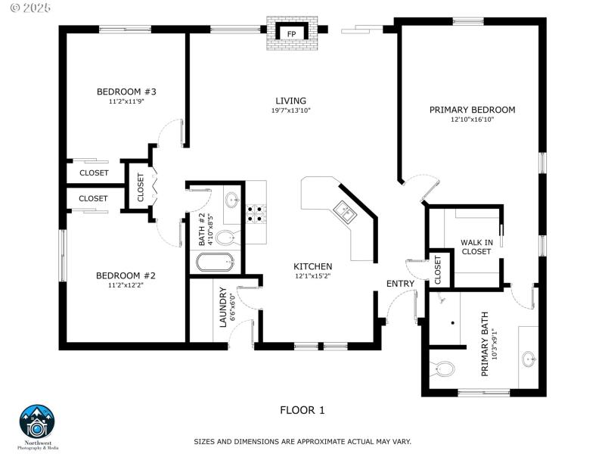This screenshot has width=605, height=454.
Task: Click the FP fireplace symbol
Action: click(x=290, y=33)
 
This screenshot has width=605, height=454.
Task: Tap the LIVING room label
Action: click(x=290, y=101)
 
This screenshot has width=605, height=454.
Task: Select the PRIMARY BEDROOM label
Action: click(x=472, y=110)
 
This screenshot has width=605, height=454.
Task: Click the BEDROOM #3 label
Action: click(x=126, y=92)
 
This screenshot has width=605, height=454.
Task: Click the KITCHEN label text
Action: click(x=313, y=266)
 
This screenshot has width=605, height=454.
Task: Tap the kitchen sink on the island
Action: click(x=345, y=213)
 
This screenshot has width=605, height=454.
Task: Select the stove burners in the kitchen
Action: click(x=256, y=213)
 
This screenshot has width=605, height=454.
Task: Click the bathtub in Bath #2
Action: click(x=216, y=263)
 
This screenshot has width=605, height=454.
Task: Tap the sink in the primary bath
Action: click(x=529, y=358)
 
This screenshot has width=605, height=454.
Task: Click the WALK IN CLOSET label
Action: click(x=476, y=247)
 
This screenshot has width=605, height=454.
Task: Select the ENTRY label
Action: click(x=400, y=284)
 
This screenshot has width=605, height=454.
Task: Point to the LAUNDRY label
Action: click(x=223, y=307)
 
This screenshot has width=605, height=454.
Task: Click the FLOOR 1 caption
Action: click(x=302, y=410)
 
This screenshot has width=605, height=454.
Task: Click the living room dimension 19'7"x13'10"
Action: click(x=290, y=110)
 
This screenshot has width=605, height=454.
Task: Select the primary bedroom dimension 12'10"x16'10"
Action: click(x=472, y=120)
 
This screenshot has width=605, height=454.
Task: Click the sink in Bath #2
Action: click(x=232, y=201)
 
